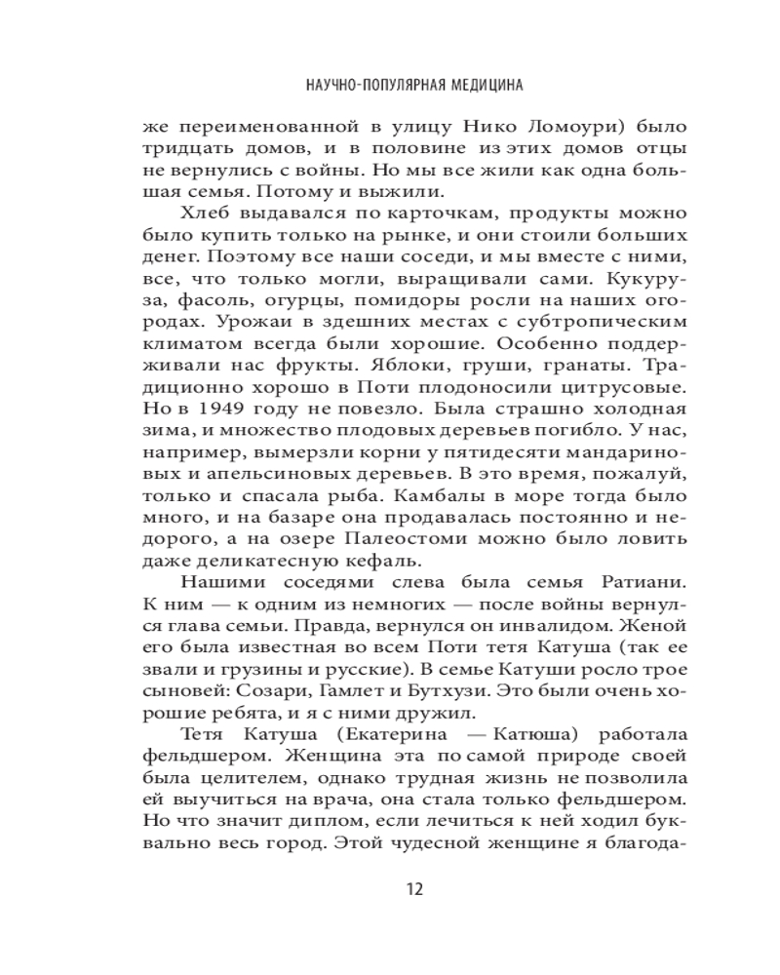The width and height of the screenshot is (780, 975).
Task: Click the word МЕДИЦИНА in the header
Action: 478,86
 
